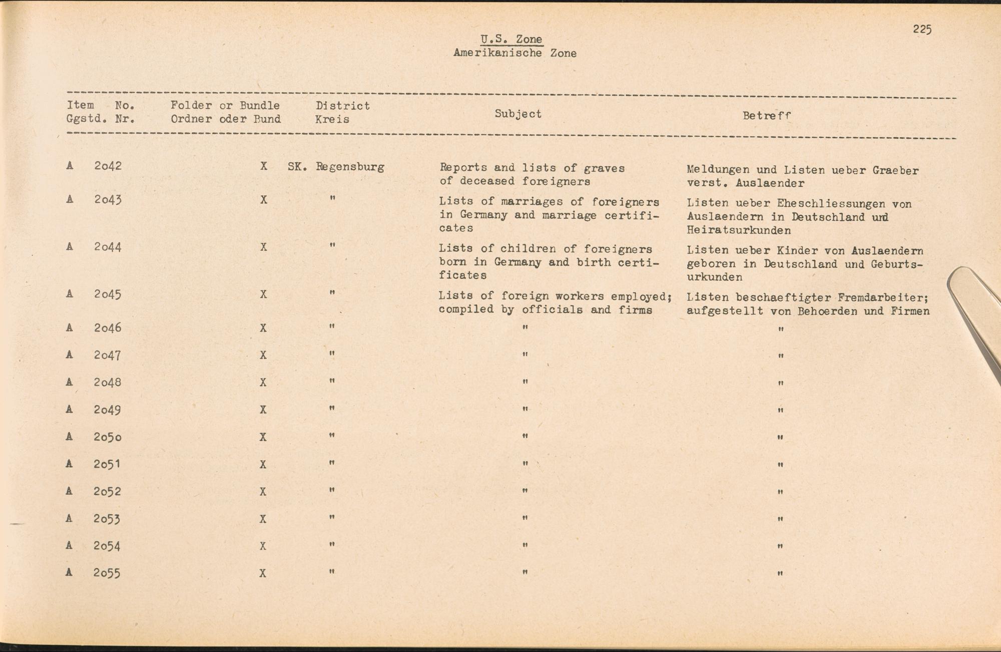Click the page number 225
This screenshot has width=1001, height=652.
[x=922, y=30]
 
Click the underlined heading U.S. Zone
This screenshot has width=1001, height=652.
[x=511, y=39]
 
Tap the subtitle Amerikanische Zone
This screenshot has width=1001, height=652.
[x=515, y=53]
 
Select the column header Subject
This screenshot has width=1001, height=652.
[x=518, y=114]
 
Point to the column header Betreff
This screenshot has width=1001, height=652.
[x=766, y=115]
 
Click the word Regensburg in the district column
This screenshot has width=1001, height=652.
[x=350, y=167]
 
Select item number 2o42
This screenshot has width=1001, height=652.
[x=108, y=166]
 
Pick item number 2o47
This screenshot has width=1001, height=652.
[x=108, y=355]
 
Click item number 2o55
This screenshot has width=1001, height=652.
[x=107, y=573]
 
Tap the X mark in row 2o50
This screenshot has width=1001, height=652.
[x=263, y=437]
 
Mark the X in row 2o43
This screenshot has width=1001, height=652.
[x=263, y=200]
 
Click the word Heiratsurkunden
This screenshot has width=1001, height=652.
[x=739, y=230]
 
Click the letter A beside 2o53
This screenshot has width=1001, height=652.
[x=69, y=518]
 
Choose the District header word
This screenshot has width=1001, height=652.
[x=342, y=106]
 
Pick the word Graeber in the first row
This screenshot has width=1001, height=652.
[x=895, y=170]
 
